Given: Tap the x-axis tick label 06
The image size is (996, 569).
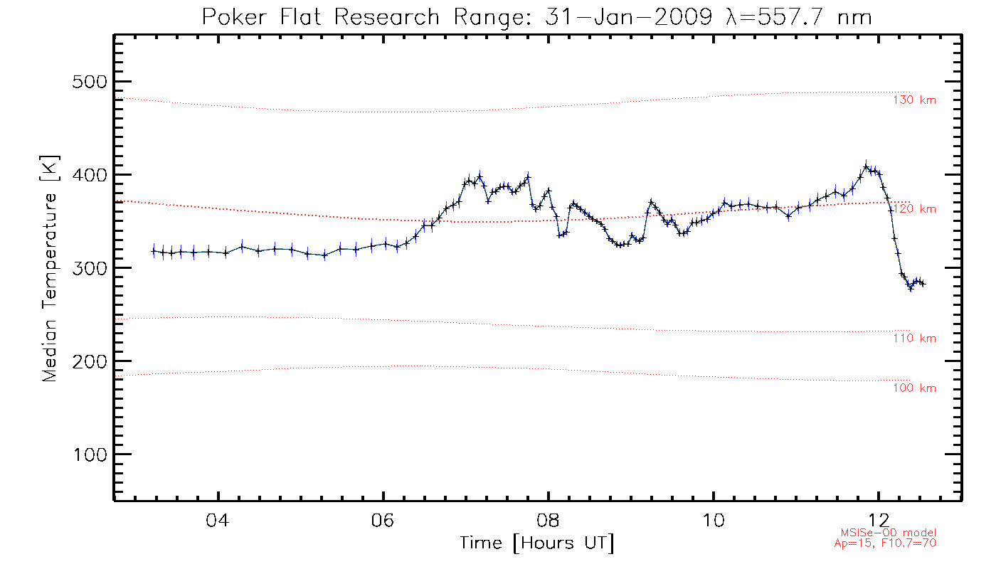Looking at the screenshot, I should tap(383, 521).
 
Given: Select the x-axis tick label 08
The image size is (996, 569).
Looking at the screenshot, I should tap(549, 521).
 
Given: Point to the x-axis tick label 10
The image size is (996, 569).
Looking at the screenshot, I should tap(714, 521).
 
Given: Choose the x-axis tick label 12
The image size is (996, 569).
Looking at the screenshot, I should tap(879, 521).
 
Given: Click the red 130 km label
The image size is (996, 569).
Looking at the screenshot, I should tap(914, 100).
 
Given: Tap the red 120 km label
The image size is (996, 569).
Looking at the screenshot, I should tap(914, 209).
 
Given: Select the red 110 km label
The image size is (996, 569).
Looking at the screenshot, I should tap(914, 339).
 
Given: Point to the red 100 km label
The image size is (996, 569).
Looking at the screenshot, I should tap(914, 388).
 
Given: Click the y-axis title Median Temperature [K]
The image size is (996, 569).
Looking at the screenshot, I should tap(49, 268).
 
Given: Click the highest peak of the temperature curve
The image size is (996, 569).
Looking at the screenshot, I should tap(866, 166).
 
